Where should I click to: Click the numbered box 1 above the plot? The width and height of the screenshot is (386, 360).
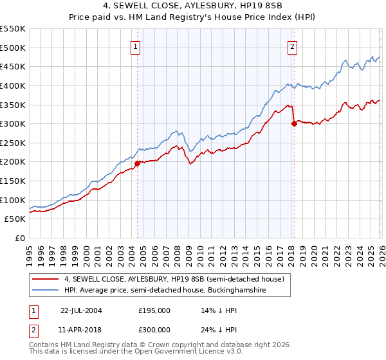tap(136, 46)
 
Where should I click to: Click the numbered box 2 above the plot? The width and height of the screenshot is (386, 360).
tap(292, 46)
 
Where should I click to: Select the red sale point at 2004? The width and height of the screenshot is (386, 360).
tap(137, 163)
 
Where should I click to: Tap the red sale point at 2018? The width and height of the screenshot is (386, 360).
tap(294, 123)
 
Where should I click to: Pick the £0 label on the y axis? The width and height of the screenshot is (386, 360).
tap(19, 238)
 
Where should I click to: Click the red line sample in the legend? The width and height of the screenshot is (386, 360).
tap(46, 279)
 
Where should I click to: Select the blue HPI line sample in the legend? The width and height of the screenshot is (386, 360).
tap(46, 291)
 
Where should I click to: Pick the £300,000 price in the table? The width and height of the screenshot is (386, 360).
tap(154, 329)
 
